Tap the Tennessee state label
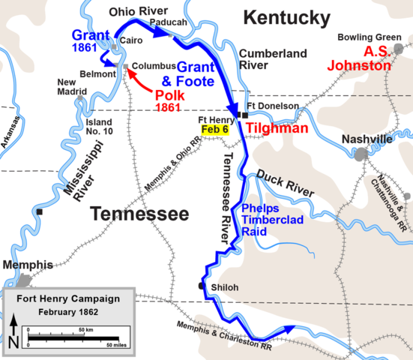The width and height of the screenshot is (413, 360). click(139, 214)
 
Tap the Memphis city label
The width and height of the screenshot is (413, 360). click(27, 265)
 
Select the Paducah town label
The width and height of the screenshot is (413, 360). click(168, 23)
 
